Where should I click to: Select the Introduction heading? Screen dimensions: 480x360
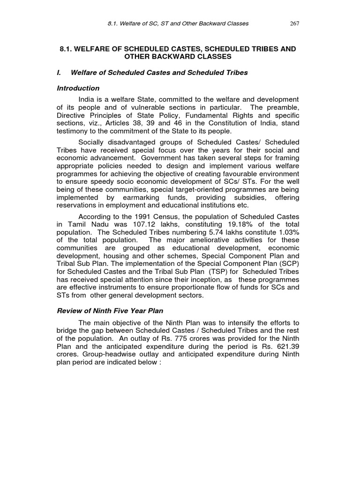[78, 88]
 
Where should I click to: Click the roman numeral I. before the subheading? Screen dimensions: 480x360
[59, 72]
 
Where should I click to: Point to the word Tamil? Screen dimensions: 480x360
[74, 225]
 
